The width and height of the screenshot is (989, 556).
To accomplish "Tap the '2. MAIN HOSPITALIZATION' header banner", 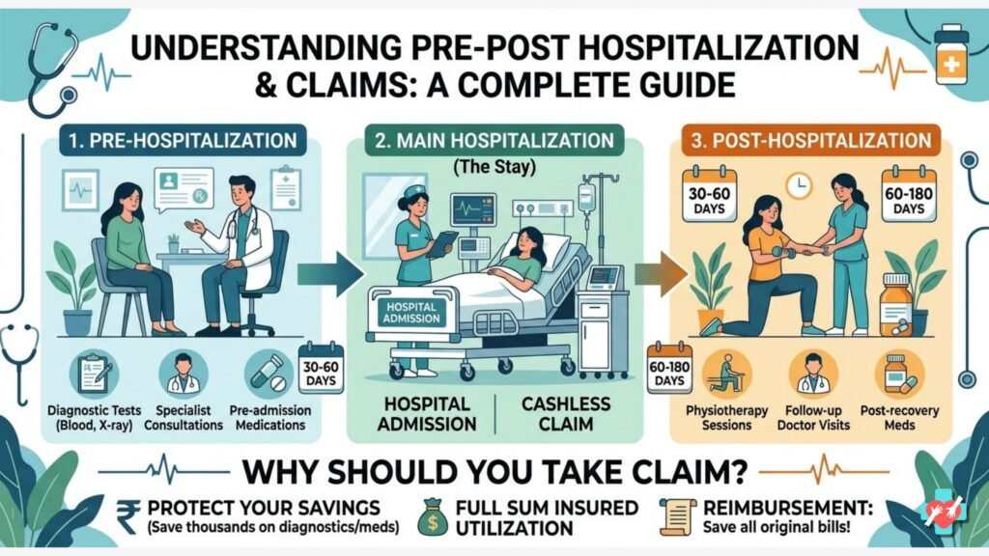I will click(x=495, y=142).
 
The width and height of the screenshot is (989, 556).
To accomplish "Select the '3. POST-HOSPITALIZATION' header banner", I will click(x=811, y=142).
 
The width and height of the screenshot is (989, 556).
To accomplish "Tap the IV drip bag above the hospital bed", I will click(x=586, y=198).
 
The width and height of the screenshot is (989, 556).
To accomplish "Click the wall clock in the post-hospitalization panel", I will click(x=797, y=182).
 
